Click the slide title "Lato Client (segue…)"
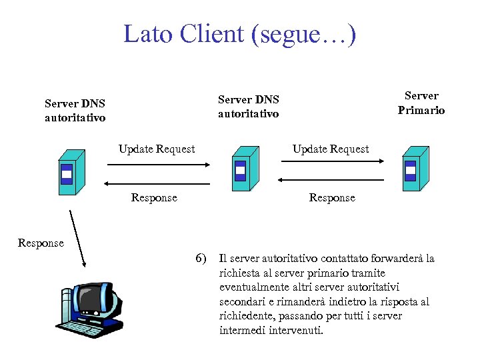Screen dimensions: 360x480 point(239,33)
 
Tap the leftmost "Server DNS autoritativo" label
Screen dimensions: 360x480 point(75,111)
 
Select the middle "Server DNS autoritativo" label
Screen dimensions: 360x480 point(249,107)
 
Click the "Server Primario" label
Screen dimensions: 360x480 point(421,103)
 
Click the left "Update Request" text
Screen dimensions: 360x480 point(157,149)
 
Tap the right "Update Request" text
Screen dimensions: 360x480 point(331,149)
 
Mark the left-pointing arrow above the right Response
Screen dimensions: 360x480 point(331,179)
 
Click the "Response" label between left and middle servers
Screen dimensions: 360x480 point(154,197)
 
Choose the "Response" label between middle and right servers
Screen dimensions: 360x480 point(332,197)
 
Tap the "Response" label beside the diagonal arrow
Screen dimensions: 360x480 point(41,243)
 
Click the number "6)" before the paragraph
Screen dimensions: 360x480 point(201,258)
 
